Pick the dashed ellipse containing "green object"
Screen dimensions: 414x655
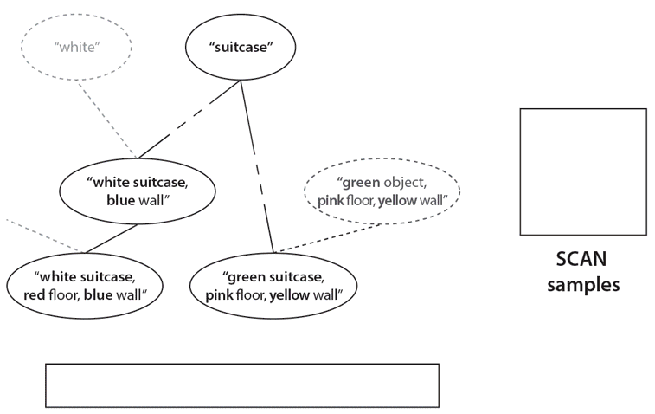tap(382, 191)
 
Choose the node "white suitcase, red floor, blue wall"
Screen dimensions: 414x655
tap(85, 286)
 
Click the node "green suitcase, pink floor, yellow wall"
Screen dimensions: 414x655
tap(274, 286)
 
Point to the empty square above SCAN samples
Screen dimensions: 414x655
tap(582, 171)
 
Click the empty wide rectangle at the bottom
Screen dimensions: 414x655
tap(241, 385)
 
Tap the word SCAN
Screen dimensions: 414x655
tap(581, 260)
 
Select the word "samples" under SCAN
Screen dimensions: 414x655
tap(581, 283)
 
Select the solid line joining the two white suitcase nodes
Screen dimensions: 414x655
tap(111, 239)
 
